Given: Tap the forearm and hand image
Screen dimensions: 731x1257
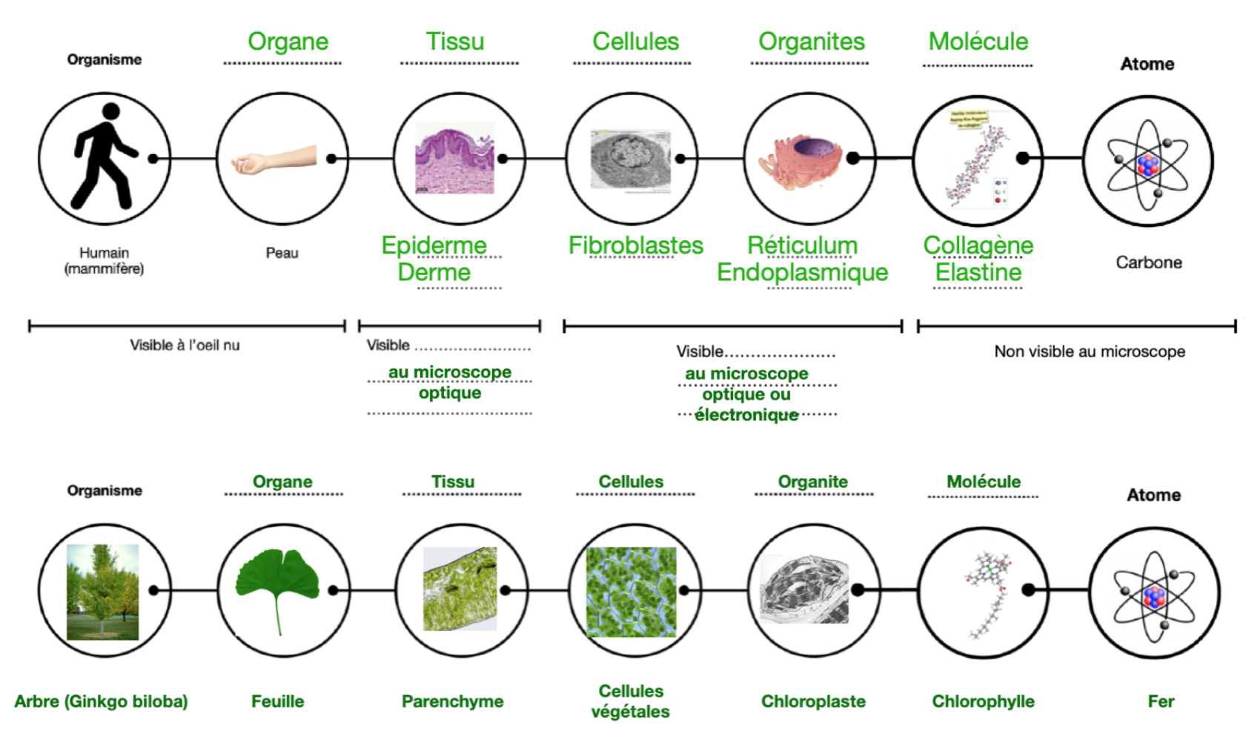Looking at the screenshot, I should [x=273, y=159].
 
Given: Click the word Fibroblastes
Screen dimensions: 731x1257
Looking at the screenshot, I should [x=635, y=245].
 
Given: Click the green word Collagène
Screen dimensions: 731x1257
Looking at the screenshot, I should [x=978, y=245].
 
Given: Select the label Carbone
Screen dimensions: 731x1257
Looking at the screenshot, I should [x=1148, y=262].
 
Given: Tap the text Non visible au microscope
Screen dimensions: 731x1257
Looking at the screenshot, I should [x=1089, y=351].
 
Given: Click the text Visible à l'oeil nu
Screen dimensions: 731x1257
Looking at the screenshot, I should [x=185, y=345].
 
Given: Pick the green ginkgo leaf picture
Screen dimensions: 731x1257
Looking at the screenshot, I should [x=277, y=586].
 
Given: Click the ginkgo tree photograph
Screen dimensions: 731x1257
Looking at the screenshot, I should [x=102, y=592].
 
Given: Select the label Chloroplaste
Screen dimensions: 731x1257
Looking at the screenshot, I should [x=813, y=701].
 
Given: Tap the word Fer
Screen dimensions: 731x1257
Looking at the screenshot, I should [x=1161, y=701].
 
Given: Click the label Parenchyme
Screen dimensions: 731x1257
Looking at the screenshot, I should [x=452, y=701].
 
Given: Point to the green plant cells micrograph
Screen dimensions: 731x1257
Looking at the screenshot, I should [x=631, y=592].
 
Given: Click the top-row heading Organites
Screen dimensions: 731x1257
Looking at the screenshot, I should [x=812, y=42].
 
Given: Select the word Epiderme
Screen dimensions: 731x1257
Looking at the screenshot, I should [x=434, y=245].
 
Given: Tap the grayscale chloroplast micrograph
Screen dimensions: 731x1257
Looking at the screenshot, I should [x=804, y=589].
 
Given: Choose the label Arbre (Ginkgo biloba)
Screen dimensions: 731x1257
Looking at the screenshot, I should [x=101, y=701].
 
